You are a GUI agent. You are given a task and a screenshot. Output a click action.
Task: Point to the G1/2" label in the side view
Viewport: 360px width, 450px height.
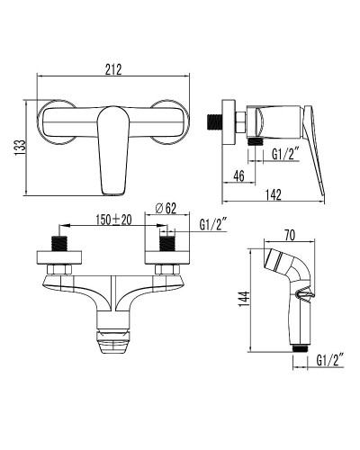(284, 154)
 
